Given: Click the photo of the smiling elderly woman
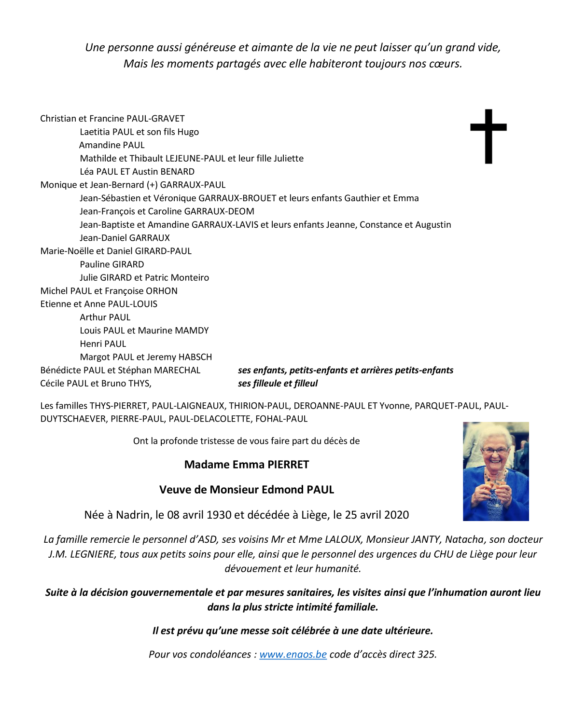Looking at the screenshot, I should (496, 471).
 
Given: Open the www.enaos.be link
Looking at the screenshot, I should (293, 655).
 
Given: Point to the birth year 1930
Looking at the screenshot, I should (219, 515).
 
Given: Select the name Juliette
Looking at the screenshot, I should (289, 159).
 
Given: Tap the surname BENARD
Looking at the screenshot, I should (177, 172).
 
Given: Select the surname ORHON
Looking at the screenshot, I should (161, 291).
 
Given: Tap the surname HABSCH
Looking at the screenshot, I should (195, 357).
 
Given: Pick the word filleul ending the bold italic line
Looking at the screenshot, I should (306, 384).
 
